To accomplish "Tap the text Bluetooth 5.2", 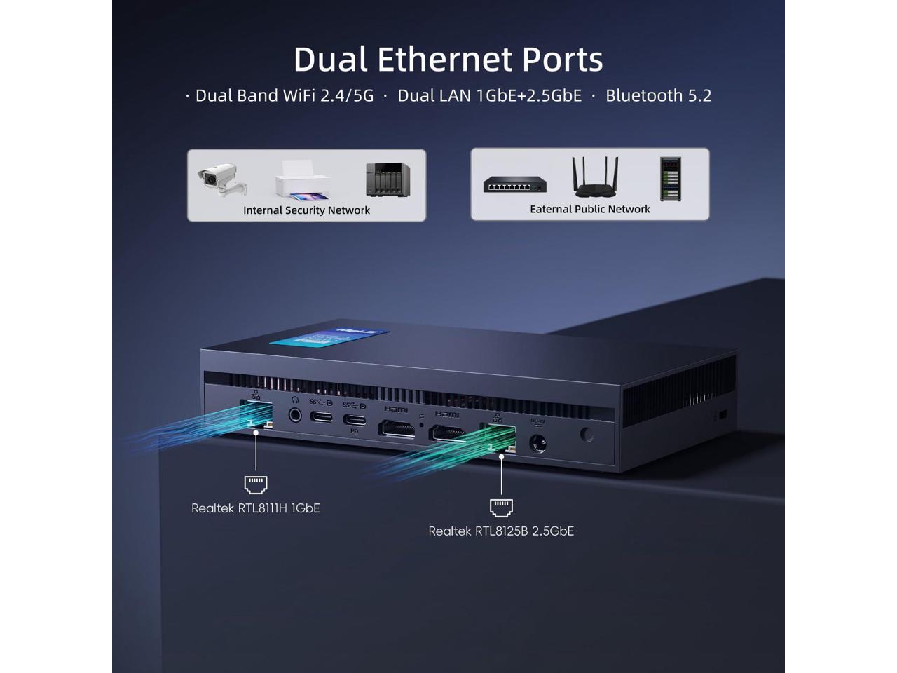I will point(658,95).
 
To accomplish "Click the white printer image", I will point(302,179).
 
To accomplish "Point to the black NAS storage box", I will point(388,179).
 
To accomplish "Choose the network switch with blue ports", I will point(514,185).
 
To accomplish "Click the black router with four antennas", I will point(596,177).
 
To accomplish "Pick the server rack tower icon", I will point(670,178).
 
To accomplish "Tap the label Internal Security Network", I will point(306,210).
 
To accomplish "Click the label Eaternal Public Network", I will point(590,209).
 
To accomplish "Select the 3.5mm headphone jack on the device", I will point(295,414).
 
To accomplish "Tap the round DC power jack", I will point(537,444).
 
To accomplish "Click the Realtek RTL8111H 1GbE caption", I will point(256,508).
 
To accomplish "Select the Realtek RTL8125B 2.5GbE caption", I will point(501,531).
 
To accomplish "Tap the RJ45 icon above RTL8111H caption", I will point(256,484).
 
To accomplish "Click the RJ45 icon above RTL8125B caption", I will point(501,507).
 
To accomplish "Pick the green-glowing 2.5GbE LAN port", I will point(497,437).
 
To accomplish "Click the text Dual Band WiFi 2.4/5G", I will point(285,95).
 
